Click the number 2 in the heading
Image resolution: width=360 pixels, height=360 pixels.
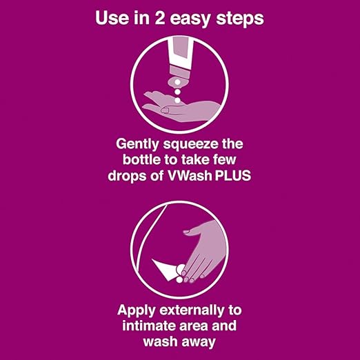click(160, 18)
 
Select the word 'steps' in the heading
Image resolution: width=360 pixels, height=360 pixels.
click(240, 19)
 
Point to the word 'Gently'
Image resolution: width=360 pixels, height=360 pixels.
click(137, 145)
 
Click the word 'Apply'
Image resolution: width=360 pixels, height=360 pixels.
click(137, 311)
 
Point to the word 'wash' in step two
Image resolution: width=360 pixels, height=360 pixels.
click(160, 341)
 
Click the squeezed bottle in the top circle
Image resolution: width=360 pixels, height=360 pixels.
click(180, 63)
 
